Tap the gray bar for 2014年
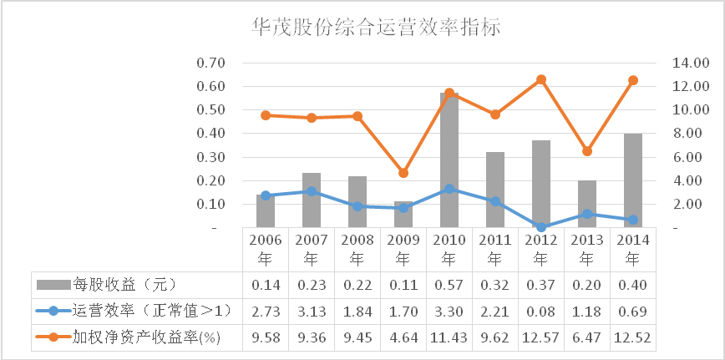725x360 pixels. point(633,180)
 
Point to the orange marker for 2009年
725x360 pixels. point(403,173)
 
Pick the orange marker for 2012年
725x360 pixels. point(541,79)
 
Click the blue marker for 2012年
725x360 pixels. point(541,226)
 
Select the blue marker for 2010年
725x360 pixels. point(449,189)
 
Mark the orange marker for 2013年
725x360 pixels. point(587,151)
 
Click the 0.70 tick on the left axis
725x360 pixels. point(211,63)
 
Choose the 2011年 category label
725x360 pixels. point(495,249)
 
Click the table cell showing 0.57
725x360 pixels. point(449,285)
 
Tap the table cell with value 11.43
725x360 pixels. point(449,337)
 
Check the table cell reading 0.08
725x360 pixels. point(541,312)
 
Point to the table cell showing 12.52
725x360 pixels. point(633,337)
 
